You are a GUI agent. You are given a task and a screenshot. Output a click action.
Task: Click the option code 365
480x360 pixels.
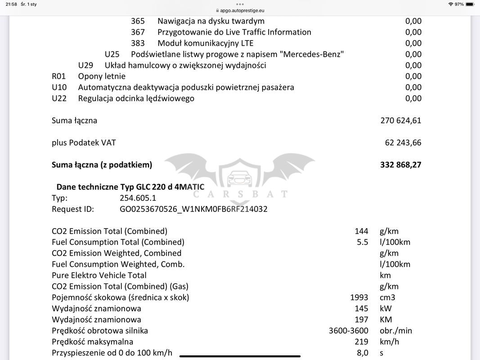[x=138, y=21]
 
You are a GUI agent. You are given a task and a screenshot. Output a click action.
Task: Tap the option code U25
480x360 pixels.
[x=112, y=54]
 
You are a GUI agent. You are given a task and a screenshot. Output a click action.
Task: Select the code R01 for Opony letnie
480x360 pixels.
[x=59, y=76]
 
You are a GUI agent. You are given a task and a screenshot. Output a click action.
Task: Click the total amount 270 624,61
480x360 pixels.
[x=400, y=121]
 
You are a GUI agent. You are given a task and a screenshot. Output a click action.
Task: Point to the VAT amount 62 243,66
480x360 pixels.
[x=403, y=143]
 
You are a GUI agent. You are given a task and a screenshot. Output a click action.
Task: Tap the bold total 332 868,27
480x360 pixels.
[x=400, y=165]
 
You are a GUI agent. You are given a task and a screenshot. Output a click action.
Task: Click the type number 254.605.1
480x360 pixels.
[x=138, y=198]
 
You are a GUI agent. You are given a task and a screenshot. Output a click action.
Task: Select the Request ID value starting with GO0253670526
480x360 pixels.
[x=193, y=209]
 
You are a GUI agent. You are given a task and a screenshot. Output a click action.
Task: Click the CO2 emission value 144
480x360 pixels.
[x=361, y=231]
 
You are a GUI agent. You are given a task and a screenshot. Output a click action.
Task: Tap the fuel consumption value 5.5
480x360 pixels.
[x=363, y=242]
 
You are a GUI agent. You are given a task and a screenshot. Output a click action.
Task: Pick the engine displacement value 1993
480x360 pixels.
[x=359, y=297]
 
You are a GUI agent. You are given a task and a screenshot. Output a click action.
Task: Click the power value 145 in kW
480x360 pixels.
[x=361, y=309]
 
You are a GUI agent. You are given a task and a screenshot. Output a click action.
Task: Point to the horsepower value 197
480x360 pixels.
[x=361, y=319]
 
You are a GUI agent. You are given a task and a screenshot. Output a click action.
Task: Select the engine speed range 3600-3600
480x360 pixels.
[x=348, y=331]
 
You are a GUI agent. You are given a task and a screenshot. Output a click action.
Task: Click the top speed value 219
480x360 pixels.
[x=361, y=342]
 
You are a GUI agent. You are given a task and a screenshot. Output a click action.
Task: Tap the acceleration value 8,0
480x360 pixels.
[x=363, y=353]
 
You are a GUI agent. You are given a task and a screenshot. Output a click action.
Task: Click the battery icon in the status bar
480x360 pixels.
[x=470, y=4]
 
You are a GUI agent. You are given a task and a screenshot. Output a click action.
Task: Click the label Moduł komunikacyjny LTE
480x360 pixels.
[x=205, y=43]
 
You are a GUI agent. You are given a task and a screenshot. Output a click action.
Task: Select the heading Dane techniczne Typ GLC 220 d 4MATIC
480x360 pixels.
[x=130, y=187]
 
